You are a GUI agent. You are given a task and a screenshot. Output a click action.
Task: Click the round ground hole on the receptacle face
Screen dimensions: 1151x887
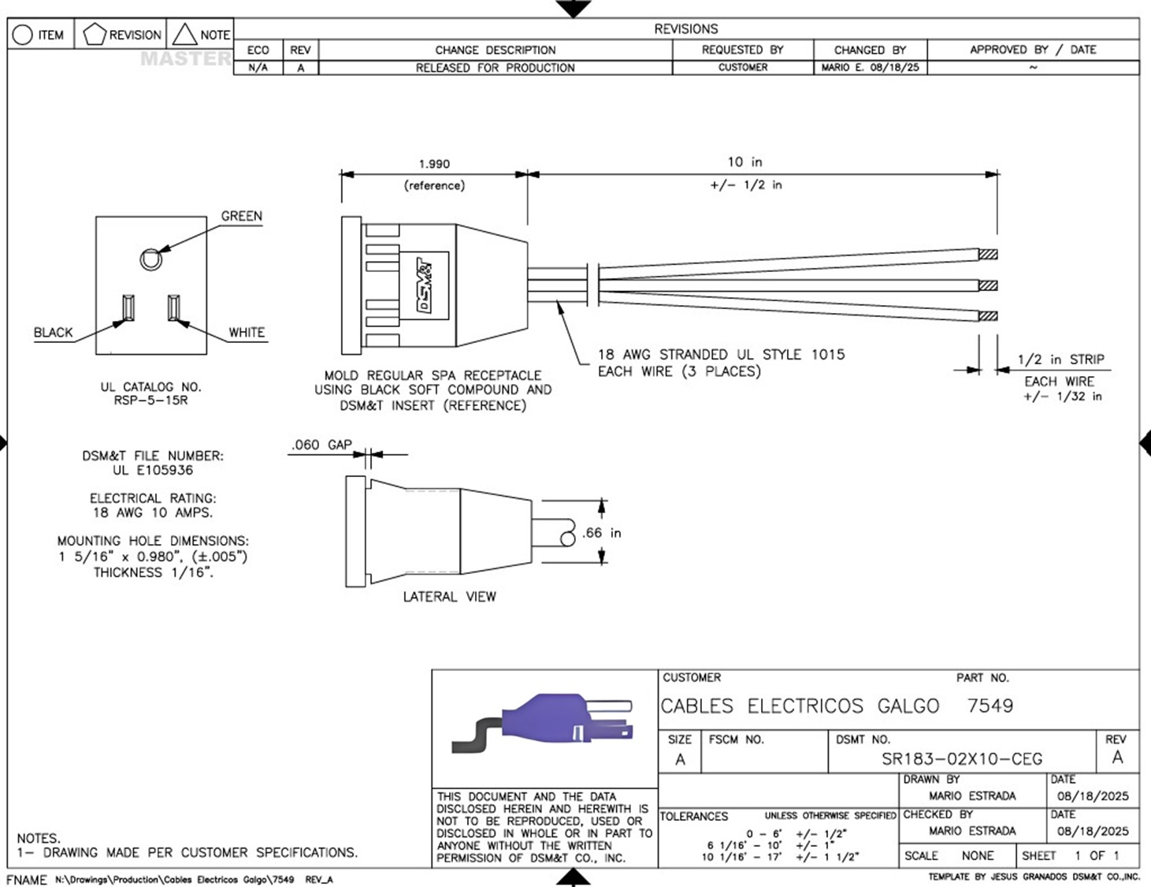click(x=150, y=259)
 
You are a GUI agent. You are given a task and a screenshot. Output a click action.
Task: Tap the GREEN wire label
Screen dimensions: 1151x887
click(x=242, y=216)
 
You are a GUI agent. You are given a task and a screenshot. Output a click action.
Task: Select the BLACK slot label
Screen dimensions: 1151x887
click(x=53, y=333)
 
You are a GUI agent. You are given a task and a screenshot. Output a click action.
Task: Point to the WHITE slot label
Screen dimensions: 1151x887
click(x=247, y=333)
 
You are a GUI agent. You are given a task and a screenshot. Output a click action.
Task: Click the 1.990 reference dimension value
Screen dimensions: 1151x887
click(x=434, y=164)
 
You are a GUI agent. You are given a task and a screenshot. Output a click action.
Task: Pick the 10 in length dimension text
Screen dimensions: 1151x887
click(x=744, y=162)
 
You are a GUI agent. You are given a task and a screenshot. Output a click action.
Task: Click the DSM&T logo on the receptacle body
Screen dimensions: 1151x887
click(x=425, y=285)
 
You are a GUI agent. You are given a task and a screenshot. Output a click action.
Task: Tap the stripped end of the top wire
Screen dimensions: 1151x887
click(x=988, y=255)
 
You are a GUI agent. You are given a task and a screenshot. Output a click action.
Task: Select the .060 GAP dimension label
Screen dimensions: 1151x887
click(x=321, y=445)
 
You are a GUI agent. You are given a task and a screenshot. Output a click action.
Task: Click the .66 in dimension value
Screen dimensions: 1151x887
click(x=602, y=533)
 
